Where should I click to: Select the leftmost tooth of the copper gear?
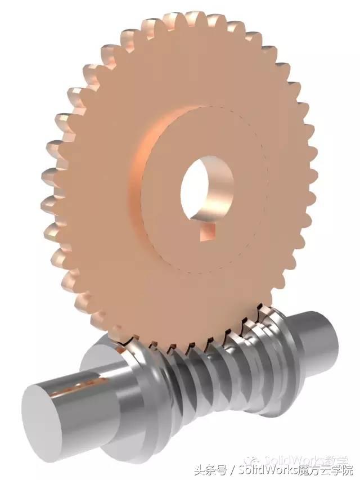49,186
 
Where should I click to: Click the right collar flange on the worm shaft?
287,349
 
